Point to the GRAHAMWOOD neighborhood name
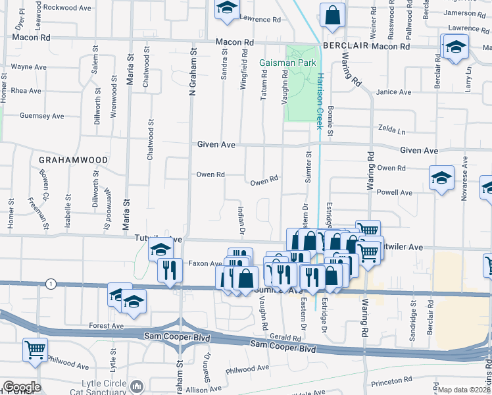(x=64, y=160)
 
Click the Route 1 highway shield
(x=50, y=283)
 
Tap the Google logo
(x=21, y=387)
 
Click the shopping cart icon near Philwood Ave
(x=35, y=350)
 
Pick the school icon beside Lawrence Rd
(x=227, y=9)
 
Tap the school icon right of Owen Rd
(x=441, y=177)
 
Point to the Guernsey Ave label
(x=42, y=116)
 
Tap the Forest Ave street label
(x=107, y=326)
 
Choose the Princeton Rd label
(x=391, y=381)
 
